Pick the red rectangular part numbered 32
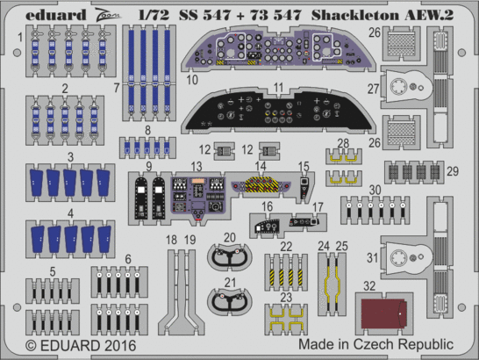(383, 311)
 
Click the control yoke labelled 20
(235, 256)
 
